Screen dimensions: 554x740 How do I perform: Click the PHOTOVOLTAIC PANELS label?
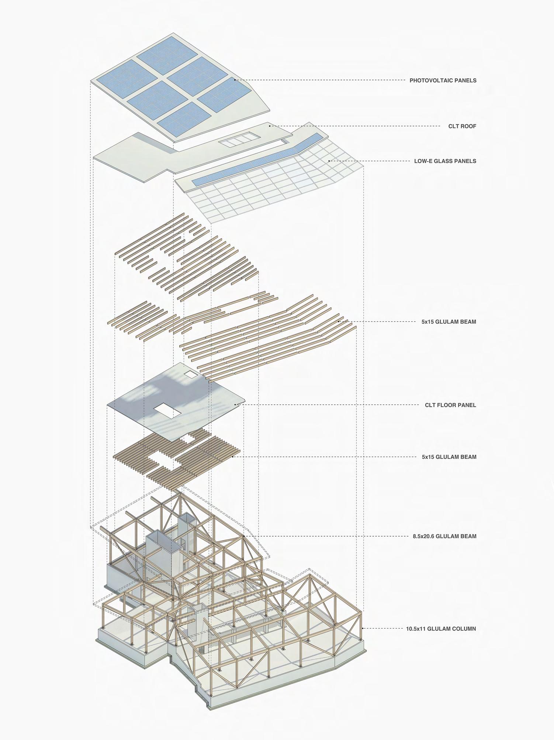click(443, 80)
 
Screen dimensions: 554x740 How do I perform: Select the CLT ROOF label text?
click(462, 126)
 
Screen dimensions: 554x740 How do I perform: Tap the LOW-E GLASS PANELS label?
click(445, 161)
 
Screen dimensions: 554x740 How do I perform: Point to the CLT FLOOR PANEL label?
click(450, 405)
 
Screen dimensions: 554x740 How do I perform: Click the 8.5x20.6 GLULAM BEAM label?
click(444, 536)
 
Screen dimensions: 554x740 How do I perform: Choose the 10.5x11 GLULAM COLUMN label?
click(441, 629)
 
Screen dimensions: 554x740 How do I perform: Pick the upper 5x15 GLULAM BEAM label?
click(449, 322)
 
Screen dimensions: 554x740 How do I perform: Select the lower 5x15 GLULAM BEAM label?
click(449, 457)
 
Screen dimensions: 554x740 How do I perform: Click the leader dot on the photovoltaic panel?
click(235, 80)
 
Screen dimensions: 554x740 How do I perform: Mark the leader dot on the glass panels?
click(329, 161)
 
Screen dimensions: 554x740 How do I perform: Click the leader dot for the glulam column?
click(363, 628)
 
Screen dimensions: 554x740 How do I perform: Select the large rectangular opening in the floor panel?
click(167, 410)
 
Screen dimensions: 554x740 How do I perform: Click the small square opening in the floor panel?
click(191, 374)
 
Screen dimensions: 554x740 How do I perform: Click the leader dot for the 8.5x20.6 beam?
click(244, 536)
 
